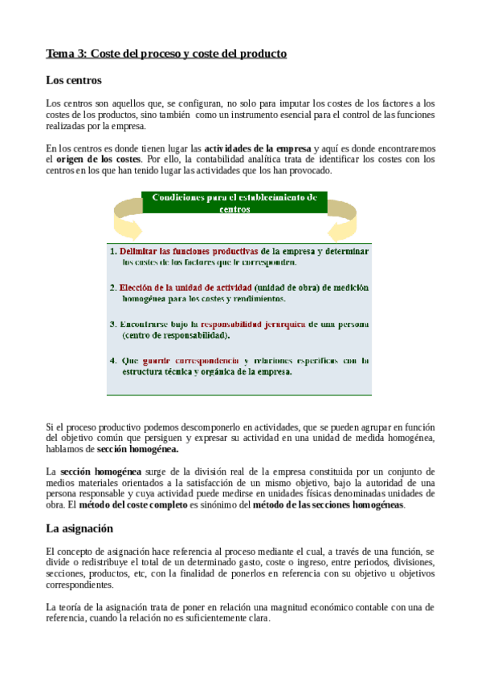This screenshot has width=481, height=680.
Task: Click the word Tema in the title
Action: [x=59, y=54]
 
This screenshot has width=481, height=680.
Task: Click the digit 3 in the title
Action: [x=79, y=54]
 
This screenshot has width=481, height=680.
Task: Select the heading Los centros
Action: [x=74, y=80]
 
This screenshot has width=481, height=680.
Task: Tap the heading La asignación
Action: [x=79, y=528]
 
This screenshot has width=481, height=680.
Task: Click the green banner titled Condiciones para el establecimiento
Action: [x=234, y=202]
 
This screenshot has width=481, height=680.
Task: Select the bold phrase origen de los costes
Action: [x=100, y=160]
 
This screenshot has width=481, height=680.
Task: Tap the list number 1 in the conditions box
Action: [x=113, y=251]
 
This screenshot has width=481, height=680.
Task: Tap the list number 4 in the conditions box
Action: [x=113, y=361]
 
